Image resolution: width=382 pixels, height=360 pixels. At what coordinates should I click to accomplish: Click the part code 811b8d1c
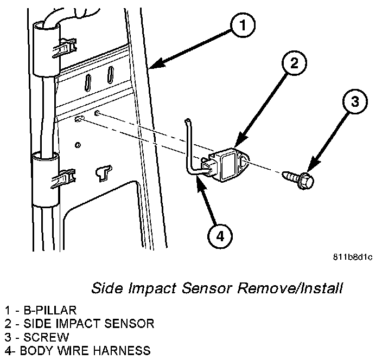click(353, 257)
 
